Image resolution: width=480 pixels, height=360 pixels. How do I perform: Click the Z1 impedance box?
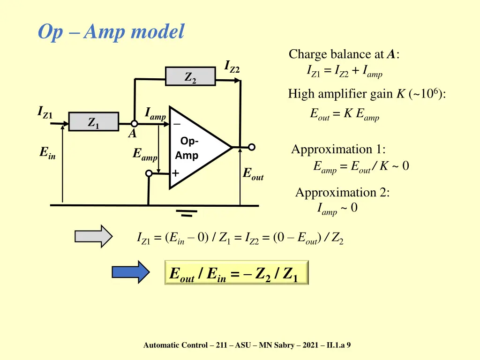pos(94,121)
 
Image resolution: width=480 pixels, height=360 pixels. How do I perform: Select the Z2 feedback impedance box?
pos(190,76)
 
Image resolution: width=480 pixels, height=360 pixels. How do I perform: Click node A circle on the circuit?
pos(134,124)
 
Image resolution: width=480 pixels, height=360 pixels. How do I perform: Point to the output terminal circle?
pos(252,147)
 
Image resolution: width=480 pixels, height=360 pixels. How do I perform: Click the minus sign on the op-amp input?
pos(177,124)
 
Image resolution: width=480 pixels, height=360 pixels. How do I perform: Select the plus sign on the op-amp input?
pos(176,173)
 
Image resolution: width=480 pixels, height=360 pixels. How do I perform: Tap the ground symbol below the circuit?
pos(187,213)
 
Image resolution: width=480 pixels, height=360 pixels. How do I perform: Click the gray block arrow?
pos(94,236)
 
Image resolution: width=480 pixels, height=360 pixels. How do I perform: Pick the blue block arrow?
pos(131,272)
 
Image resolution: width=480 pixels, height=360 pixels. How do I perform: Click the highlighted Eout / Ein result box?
pos(236,273)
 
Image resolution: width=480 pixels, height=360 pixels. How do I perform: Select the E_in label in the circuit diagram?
pos(47,153)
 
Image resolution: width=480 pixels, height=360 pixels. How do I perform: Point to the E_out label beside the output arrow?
pos(253,174)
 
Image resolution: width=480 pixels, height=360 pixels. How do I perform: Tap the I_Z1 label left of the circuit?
pos(45,112)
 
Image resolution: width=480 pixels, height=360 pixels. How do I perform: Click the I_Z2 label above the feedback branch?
pos(232,67)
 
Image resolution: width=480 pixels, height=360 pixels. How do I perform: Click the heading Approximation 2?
pos(342,193)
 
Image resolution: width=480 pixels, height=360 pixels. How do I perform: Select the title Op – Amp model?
pos(111,32)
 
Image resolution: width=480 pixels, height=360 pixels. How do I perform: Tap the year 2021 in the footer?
pos(310,345)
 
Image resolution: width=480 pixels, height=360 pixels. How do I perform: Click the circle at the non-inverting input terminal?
pos(149,173)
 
